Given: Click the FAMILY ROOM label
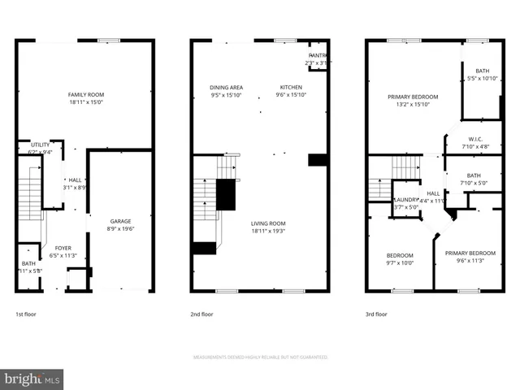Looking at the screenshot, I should (85, 95).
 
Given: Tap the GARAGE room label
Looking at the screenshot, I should (121, 221).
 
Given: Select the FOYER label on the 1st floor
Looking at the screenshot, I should (63, 247).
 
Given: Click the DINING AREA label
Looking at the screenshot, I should (226, 87).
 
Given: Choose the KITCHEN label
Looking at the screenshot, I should (291, 87).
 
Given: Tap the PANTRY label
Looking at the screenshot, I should (316, 55).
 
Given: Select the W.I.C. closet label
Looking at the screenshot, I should (476, 139).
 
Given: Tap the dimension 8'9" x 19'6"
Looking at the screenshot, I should (121, 229).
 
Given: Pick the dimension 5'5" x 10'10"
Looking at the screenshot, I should (483, 79).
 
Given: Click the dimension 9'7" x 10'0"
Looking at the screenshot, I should (399, 262).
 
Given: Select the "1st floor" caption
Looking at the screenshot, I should (26, 314).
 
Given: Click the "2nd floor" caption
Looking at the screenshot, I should (202, 314).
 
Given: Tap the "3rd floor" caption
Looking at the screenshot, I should (376, 314).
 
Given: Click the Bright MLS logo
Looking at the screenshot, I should (32, 379).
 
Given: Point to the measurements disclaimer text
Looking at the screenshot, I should (260, 357).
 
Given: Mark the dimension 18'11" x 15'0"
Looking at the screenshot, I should (85, 103).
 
